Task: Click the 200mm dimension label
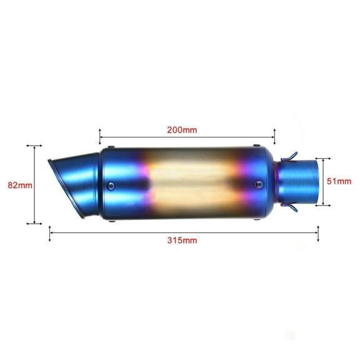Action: coord(182,131)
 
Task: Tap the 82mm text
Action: coord(16,184)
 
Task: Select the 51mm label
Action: coord(340,181)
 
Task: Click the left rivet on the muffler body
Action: coord(111,185)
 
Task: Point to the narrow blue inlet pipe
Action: coord(303,181)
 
